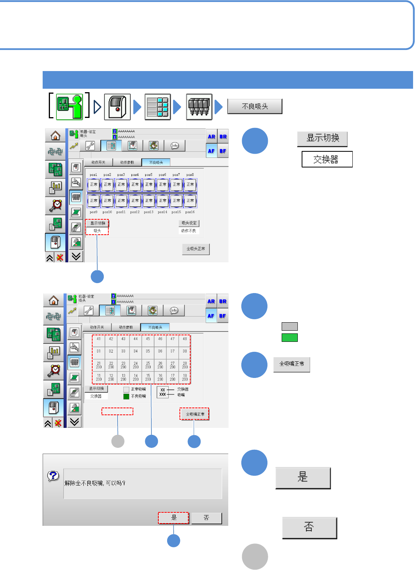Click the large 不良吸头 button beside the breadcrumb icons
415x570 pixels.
(x=255, y=106)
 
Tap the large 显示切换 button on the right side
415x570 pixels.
(x=322, y=138)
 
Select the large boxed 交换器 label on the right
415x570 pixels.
(x=327, y=159)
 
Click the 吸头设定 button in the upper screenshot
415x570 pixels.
(x=189, y=223)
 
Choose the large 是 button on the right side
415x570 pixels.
(x=303, y=477)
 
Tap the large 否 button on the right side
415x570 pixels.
(x=309, y=527)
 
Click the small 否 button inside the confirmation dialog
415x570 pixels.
(x=206, y=518)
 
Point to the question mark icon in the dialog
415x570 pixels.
(x=53, y=476)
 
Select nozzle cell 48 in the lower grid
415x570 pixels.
(x=185, y=339)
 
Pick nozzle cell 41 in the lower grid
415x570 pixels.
(x=99, y=339)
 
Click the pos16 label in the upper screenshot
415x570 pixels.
(x=190, y=212)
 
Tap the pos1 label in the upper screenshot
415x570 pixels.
(x=93, y=175)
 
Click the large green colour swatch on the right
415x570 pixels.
(x=290, y=338)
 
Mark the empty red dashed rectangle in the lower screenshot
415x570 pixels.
(x=117, y=412)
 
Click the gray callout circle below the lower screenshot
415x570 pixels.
(x=118, y=441)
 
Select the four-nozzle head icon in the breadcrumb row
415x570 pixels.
(x=199, y=107)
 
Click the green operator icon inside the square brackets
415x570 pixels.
(x=69, y=106)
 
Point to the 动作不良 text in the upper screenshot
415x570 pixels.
(x=189, y=231)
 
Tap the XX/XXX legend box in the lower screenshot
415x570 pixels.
(x=163, y=392)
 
